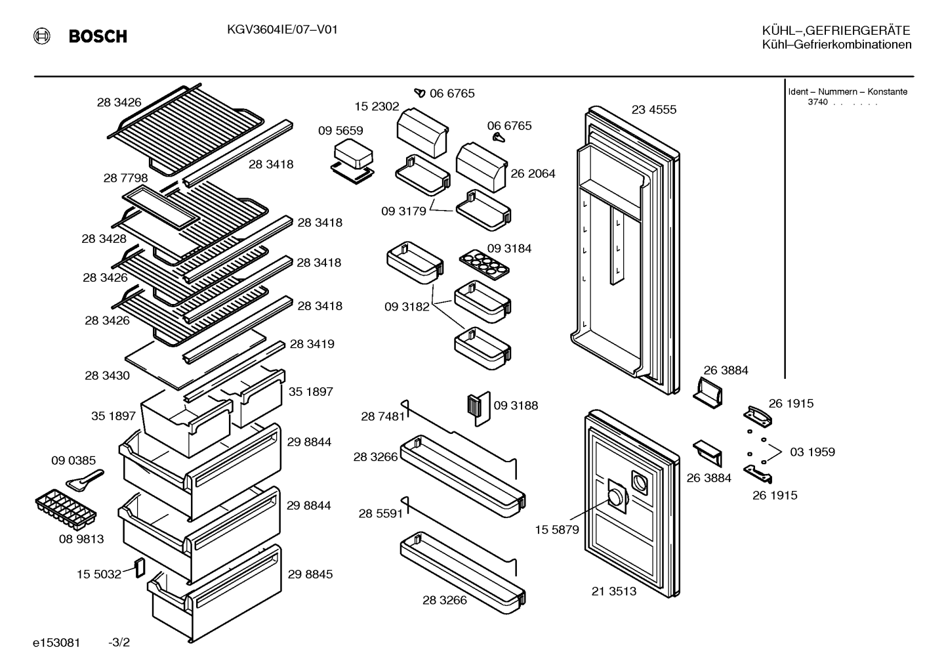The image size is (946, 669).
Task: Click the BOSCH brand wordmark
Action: point(98,36)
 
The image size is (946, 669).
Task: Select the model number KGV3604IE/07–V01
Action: point(282,30)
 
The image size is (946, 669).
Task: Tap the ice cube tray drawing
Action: point(66,509)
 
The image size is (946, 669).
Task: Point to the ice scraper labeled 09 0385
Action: point(85,481)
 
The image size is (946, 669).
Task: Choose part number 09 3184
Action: point(509,248)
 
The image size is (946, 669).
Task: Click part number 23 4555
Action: point(654,110)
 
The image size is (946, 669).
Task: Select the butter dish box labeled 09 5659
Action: point(353,162)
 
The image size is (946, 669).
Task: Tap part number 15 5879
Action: point(556,530)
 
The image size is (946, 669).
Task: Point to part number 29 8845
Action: point(310,574)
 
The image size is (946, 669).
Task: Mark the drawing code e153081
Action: point(56,643)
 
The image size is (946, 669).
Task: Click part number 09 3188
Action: point(516,405)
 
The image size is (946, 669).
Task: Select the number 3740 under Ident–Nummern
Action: point(817,102)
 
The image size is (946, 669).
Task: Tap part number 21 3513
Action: point(613,592)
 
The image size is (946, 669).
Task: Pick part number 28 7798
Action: point(125,178)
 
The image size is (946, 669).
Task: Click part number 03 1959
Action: point(813,452)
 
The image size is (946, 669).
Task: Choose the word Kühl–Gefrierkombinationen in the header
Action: point(836,45)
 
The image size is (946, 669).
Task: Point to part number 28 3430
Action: point(108,376)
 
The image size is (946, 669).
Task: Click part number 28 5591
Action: point(380,513)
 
